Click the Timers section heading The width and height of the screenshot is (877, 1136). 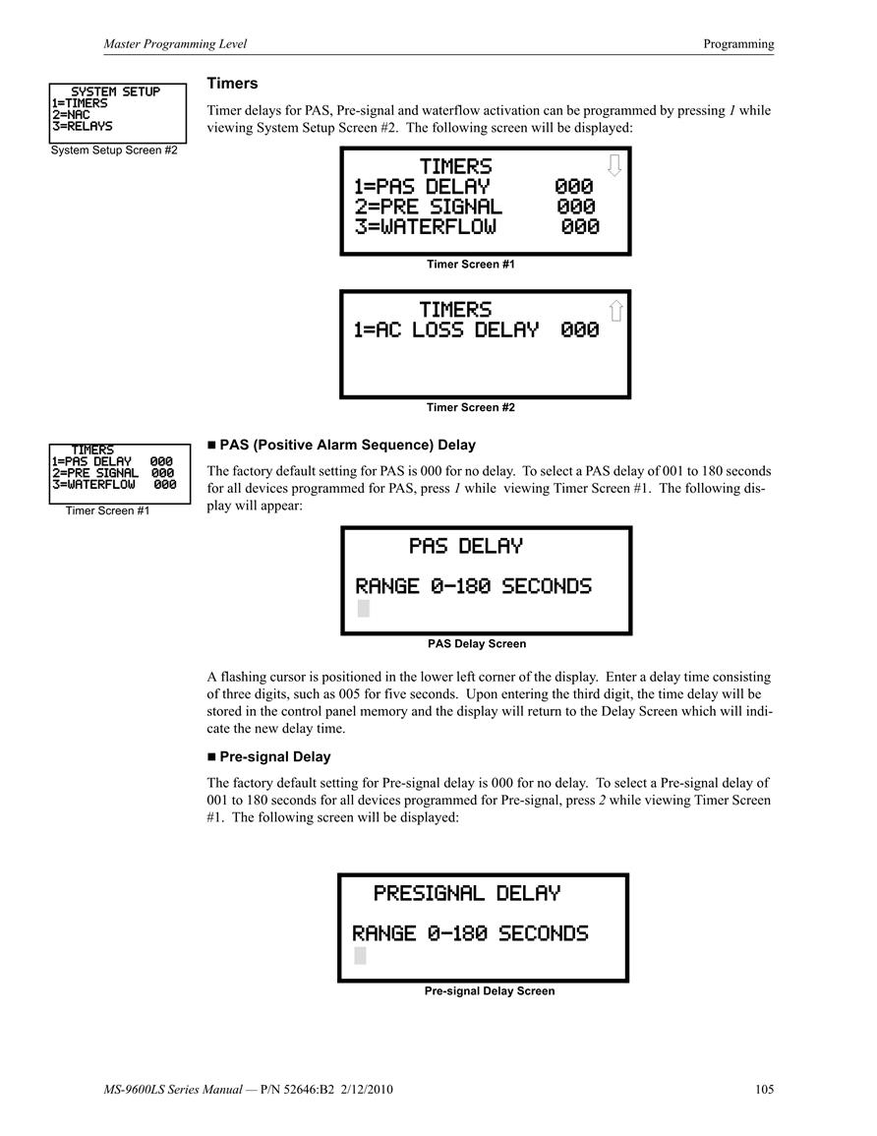232,84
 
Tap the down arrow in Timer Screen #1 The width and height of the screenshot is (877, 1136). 614,165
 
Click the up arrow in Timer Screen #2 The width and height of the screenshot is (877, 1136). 615,311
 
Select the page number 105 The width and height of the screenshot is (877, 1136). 764,1089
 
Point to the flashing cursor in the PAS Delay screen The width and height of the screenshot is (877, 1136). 364,609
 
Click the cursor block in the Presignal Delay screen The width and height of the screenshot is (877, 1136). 360,956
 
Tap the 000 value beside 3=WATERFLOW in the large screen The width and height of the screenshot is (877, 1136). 580,227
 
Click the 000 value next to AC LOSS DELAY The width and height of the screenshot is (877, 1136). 579,330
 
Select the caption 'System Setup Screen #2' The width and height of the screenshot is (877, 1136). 114,149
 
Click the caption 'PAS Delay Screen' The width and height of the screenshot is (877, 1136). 477,643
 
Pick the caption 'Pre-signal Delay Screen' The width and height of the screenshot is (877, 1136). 490,991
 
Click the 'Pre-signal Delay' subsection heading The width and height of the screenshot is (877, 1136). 275,756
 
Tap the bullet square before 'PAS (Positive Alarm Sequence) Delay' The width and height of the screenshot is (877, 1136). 211,445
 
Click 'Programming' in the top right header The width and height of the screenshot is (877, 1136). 738,43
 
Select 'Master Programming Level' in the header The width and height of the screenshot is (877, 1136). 175,43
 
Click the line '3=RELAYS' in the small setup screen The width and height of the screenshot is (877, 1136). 83,126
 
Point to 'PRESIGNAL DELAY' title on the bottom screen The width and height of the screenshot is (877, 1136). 467,893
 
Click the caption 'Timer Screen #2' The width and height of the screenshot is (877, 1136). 471,407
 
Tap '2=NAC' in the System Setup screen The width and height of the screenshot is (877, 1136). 71,114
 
